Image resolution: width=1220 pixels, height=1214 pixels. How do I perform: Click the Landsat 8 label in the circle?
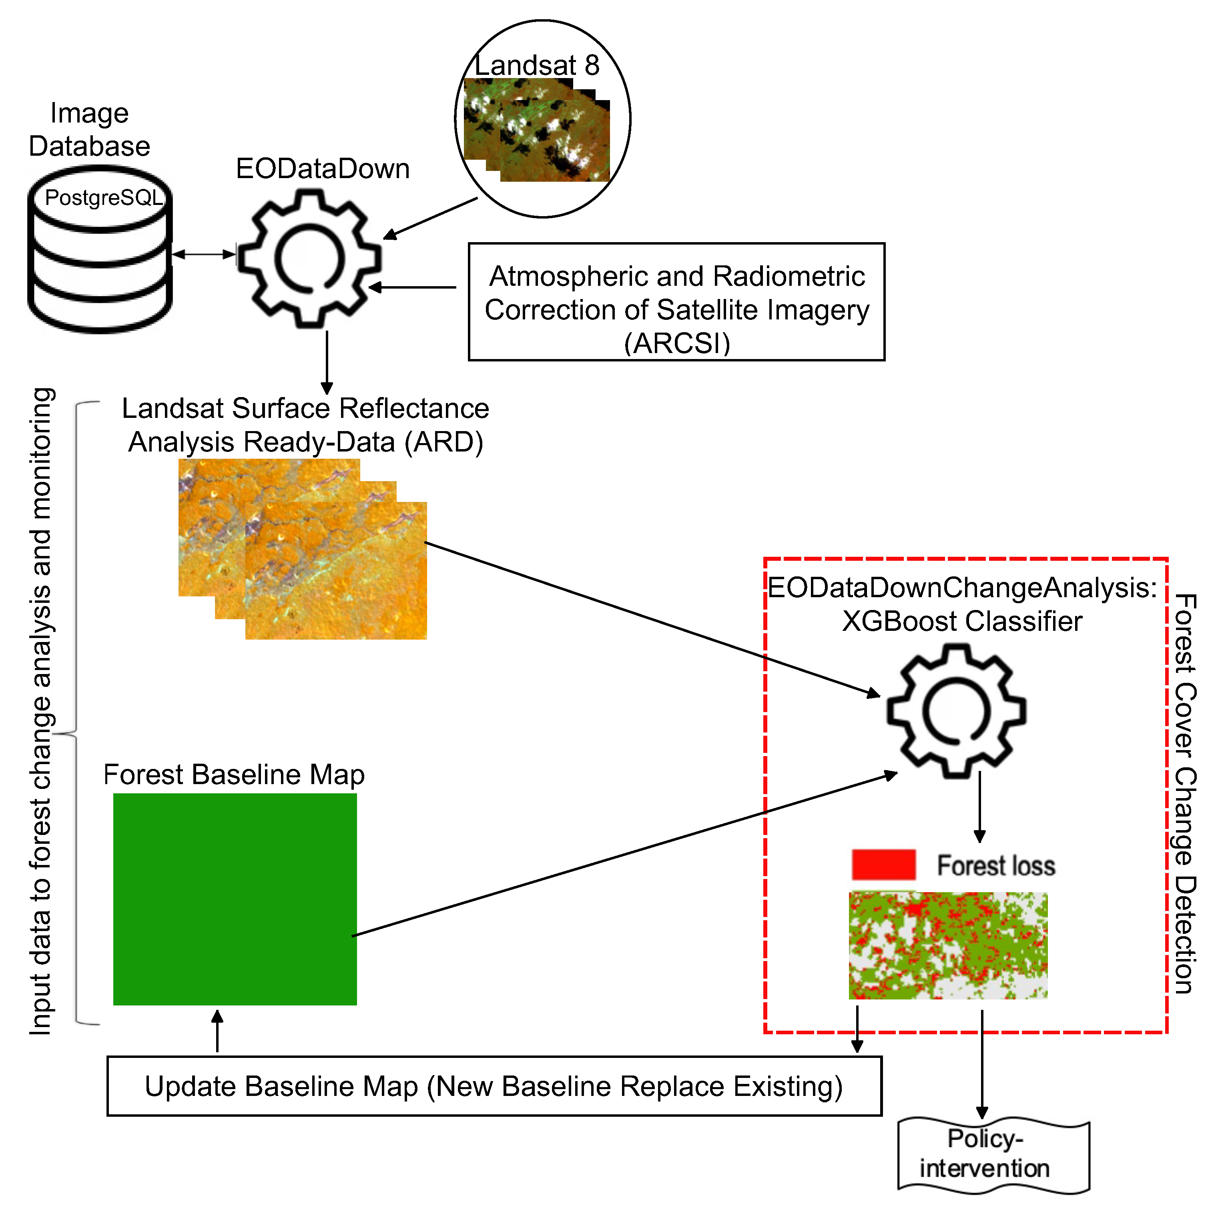[x=537, y=65]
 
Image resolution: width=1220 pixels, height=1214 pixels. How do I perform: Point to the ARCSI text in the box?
[x=677, y=343]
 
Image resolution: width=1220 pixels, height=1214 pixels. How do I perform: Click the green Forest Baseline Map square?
[x=235, y=899]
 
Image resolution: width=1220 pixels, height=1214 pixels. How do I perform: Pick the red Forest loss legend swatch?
[x=883, y=865]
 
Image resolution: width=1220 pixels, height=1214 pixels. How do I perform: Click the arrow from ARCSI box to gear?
[x=412, y=287]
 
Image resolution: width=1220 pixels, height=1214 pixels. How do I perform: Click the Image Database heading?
[x=90, y=129]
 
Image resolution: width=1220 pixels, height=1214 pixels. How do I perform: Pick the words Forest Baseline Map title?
[x=234, y=775]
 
